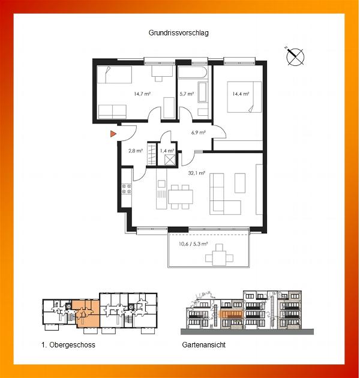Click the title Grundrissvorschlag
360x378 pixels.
pos(178,33)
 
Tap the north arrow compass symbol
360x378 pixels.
pos(295,56)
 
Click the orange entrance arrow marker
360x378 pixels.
pos(113,134)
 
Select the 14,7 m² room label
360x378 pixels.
pos(142,94)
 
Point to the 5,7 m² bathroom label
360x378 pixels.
pos(187,94)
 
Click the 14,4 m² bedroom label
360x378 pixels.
pos(241,94)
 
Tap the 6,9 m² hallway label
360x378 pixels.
pos(199,133)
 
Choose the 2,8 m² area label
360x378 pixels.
pos(136,151)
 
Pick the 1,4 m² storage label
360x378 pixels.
pos(167,151)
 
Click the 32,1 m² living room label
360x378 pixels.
pos(197,173)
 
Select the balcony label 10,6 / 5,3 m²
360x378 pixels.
pos(193,244)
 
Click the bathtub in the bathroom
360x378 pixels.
pos(193,72)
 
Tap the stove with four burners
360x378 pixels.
pos(127,189)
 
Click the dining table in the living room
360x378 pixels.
pos(181,197)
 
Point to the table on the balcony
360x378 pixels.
pos(219,258)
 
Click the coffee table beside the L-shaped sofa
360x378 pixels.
pos(240,183)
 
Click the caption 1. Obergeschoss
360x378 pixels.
pos(68,345)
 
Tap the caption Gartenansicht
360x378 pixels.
pos(204,345)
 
